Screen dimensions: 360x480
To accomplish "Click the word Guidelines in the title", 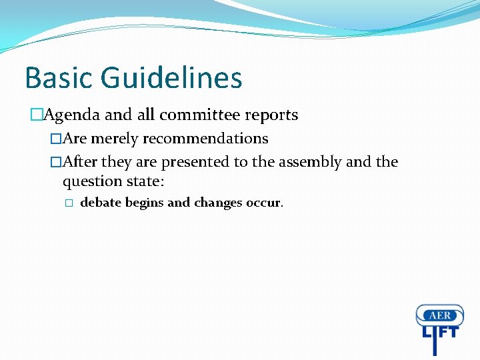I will pos(171,77).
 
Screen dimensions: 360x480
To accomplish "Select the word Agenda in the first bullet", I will pos(73,115).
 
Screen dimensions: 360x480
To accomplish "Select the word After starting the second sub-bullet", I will pos(80,162).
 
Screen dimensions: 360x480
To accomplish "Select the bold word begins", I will pos(144,203).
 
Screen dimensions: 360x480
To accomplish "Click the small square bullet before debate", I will pos(67,203).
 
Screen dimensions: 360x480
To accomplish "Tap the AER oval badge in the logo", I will pos(439,315).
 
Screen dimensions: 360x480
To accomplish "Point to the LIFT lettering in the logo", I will pos(439,333).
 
